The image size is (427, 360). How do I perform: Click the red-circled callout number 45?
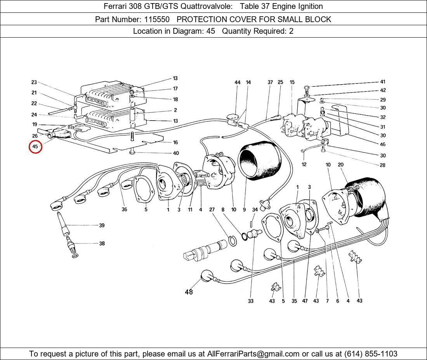point(35,147)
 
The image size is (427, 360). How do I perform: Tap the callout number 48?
point(189,292)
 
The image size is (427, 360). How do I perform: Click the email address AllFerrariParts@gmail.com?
point(253,354)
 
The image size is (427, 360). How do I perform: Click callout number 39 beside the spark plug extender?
point(102,225)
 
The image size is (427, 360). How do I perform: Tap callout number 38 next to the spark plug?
point(102,244)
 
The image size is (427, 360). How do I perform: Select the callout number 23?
point(34,82)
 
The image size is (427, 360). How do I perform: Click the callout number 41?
point(383,82)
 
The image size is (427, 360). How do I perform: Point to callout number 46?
point(383,144)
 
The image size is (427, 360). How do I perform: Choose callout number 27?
point(212,210)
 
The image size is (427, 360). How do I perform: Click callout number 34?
point(255,210)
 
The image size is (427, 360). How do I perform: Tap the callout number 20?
point(340,165)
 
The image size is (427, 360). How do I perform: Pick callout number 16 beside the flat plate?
point(175,142)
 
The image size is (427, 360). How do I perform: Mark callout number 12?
point(304,164)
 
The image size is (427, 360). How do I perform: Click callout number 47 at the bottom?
point(305,301)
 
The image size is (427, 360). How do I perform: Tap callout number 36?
point(124,210)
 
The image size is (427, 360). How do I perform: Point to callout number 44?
point(238,82)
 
